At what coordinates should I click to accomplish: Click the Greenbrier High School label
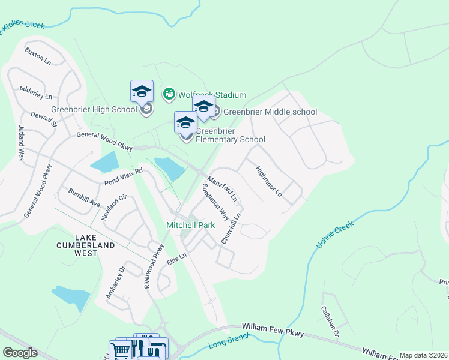click(x=94, y=109)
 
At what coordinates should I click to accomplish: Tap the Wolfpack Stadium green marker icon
click(x=169, y=94)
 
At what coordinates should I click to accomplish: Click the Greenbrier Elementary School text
click(x=231, y=136)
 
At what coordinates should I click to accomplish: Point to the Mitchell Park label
click(x=190, y=226)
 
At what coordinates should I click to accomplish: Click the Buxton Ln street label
click(x=37, y=55)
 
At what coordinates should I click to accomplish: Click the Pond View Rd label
click(x=123, y=175)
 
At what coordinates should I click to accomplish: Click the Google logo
click(x=20, y=353)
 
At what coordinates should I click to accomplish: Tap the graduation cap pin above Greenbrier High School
click(x=142, y=92)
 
